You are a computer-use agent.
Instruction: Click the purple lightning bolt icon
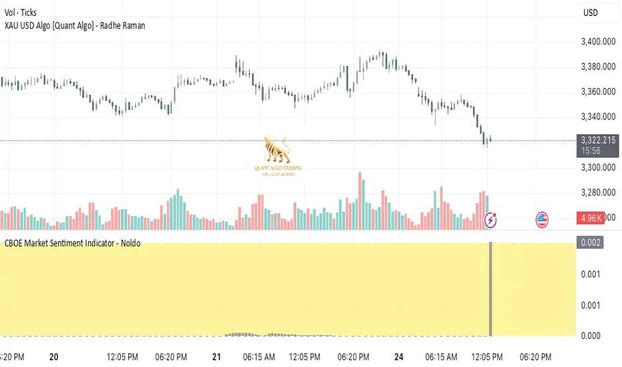tap(491, 219)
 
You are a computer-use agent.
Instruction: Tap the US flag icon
tap(542, 219)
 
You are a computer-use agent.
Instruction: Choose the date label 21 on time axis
tap(216, 356)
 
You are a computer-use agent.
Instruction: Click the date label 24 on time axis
tap(396, 356)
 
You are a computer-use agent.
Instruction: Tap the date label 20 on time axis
tap(54, 356)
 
